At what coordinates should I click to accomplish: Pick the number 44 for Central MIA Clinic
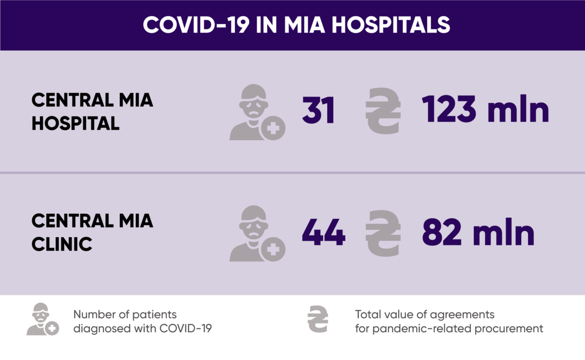(x=323, y=233)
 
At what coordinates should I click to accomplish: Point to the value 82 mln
(x=478, y=233)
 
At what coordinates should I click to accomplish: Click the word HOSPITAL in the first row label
(x=76, y=123)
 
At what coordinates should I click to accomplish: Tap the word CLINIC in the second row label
(x=62, y=244)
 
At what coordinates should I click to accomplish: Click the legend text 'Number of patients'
(x=125, y=314)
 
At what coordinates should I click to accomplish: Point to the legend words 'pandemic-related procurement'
(x=457, y=328)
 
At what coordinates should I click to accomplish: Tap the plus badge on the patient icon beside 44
(x=273, y=250)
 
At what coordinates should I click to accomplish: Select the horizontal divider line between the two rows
(x=292, y=172)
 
